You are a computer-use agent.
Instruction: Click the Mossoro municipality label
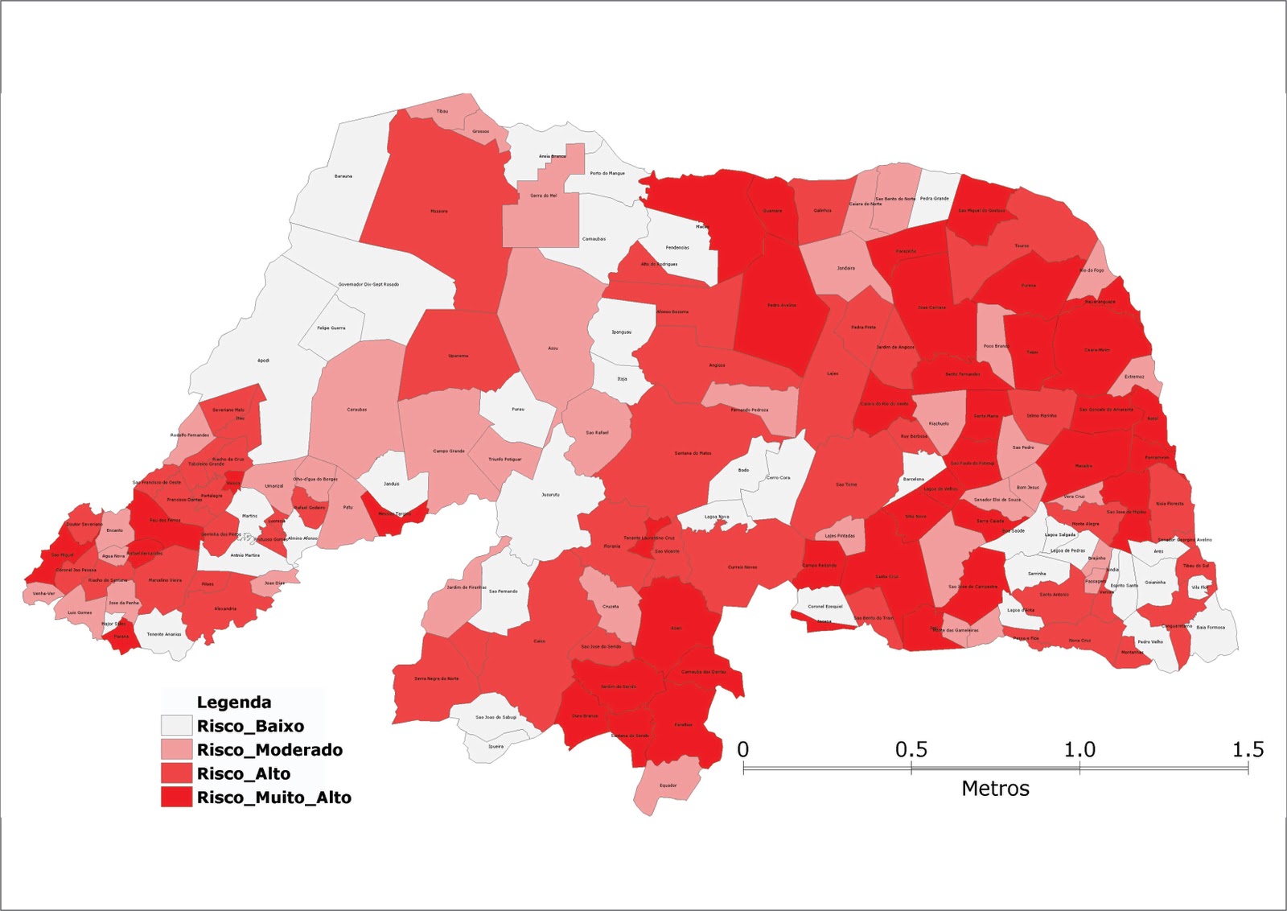point(439,212)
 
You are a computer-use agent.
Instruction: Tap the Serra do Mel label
point(544,196)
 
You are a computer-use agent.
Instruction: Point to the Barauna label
point(343,176)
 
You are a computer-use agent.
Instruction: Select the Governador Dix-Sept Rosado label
point(368,284)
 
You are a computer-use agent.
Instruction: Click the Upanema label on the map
point(458,356)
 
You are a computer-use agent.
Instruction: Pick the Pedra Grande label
point(935,198)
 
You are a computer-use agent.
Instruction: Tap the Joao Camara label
point(932,307)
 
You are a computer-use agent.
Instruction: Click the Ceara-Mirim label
point(1097,350)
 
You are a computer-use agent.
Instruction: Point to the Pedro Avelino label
point(781,305)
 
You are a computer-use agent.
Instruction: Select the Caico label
point(540,641)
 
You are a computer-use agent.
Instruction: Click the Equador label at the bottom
point(668,785)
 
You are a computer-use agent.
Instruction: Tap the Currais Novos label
point(742,567)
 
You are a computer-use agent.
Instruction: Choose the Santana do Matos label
point(693,453)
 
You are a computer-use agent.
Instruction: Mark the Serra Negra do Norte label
point(437,678)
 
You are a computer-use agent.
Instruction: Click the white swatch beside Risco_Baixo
point(176,726)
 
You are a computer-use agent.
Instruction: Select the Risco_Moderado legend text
point(269,750)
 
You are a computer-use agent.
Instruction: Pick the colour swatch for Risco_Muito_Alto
point(176,798)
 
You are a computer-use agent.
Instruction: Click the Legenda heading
point(234,703)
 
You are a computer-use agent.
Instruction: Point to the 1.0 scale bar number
point(1079,750)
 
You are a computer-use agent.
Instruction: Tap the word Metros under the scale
point(995,789)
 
